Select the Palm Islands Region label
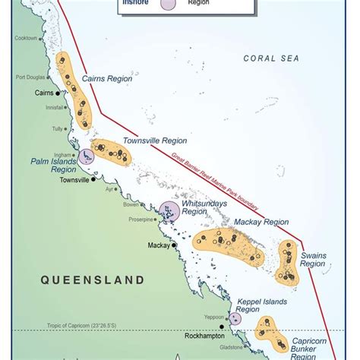tap(53, 166)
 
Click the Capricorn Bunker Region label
tap(314, 350)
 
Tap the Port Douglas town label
tap(31, 76)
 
